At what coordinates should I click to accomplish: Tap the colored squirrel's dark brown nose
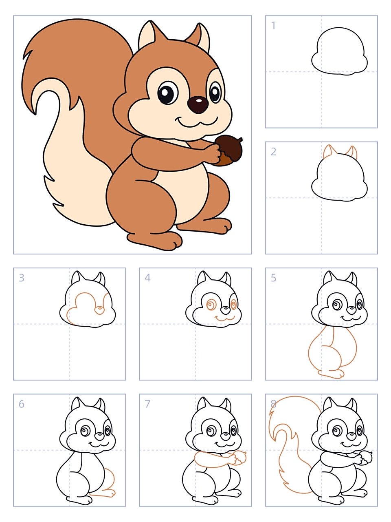pos(198,105)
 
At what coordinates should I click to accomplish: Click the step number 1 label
pos(273,25)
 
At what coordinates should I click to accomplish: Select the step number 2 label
pos(273,151)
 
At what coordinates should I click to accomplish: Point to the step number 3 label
pos(21,278)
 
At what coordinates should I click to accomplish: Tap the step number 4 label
pos(147,278)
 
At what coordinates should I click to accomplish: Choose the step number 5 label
pos(273,278)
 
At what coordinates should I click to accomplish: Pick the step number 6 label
pos(21,404)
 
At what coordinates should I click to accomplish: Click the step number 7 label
pos(147,404)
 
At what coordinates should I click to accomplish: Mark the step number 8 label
pos(273,404)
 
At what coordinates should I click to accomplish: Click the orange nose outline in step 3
pos(99,310)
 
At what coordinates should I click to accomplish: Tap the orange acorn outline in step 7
pos(240,458)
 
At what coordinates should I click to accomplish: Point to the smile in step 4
pos(225,318)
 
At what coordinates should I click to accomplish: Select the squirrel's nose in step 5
pos(351,310)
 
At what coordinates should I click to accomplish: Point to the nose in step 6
pos(99,436)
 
